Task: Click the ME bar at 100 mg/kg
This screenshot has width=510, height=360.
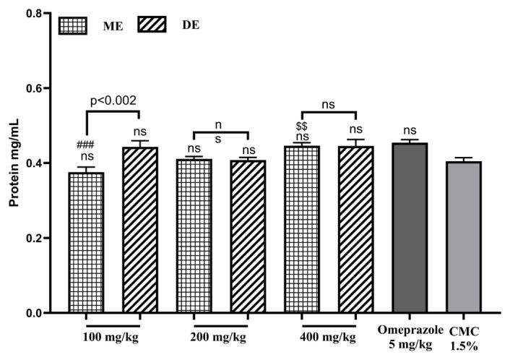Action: [x=86, y=242]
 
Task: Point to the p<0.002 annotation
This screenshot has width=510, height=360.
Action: [x=113, y=101]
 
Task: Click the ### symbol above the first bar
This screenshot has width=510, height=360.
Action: [x=86, y=144]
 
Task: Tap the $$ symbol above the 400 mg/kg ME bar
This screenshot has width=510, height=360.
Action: [x=302, y=127]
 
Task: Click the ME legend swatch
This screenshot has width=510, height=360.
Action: [x=73, y=26]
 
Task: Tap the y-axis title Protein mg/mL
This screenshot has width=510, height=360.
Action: [x=12, y=164]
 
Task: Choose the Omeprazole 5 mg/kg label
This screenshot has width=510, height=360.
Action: [x=410, y=337]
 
